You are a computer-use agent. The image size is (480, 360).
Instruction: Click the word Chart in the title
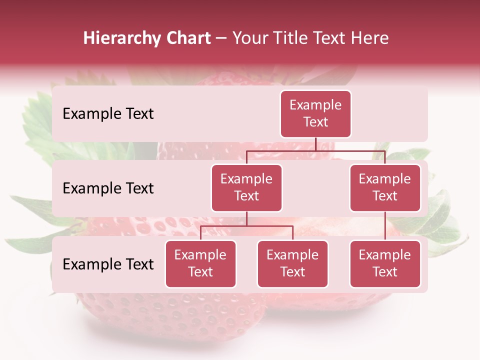click(189, 38)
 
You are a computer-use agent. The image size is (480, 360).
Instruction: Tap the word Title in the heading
click(291, 38)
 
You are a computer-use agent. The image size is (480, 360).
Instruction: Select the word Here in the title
click(370, 38)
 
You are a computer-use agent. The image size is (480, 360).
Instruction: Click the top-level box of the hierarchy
click(315, 113)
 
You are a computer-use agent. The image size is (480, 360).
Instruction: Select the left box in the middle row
click(246, 187)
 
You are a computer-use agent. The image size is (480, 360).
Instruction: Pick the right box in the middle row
click(385, 187)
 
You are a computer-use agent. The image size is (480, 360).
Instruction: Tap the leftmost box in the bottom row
click(200, 263)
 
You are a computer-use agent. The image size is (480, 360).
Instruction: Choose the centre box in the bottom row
click(292, 263)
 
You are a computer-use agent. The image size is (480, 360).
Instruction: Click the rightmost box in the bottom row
click(385, 263)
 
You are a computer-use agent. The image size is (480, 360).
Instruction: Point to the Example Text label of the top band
click(108, 113)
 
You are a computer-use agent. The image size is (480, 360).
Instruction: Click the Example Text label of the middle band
click(108, 188)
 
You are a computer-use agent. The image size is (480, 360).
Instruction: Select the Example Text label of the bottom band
click(108, 264)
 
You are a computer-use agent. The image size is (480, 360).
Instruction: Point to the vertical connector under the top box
click(315, 144)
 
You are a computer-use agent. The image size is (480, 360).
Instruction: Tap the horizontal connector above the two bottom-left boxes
click(246, 226)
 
